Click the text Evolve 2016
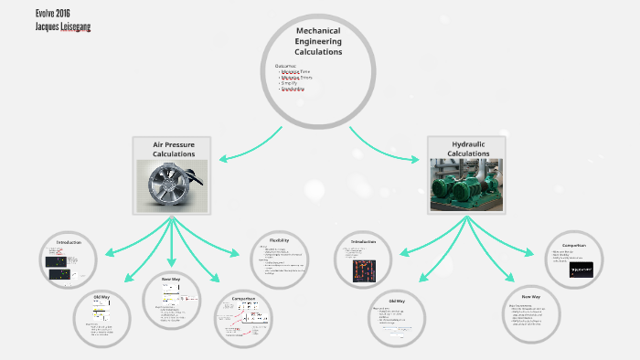tap(28, 13)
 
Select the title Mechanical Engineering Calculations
tap(318, 41)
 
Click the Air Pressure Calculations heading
tap(174, 149)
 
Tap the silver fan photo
tap(173, 185)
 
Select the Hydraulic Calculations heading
tap(466, 149)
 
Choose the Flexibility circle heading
tap(280, 240)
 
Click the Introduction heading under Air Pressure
tap(69, 242)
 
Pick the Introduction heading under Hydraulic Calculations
tap(364, 242)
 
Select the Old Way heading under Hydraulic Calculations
tap(397, 301)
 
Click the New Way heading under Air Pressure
tap(171, 279)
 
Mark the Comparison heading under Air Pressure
tap(244, 298)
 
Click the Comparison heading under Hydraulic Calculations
tap(574, 245)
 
